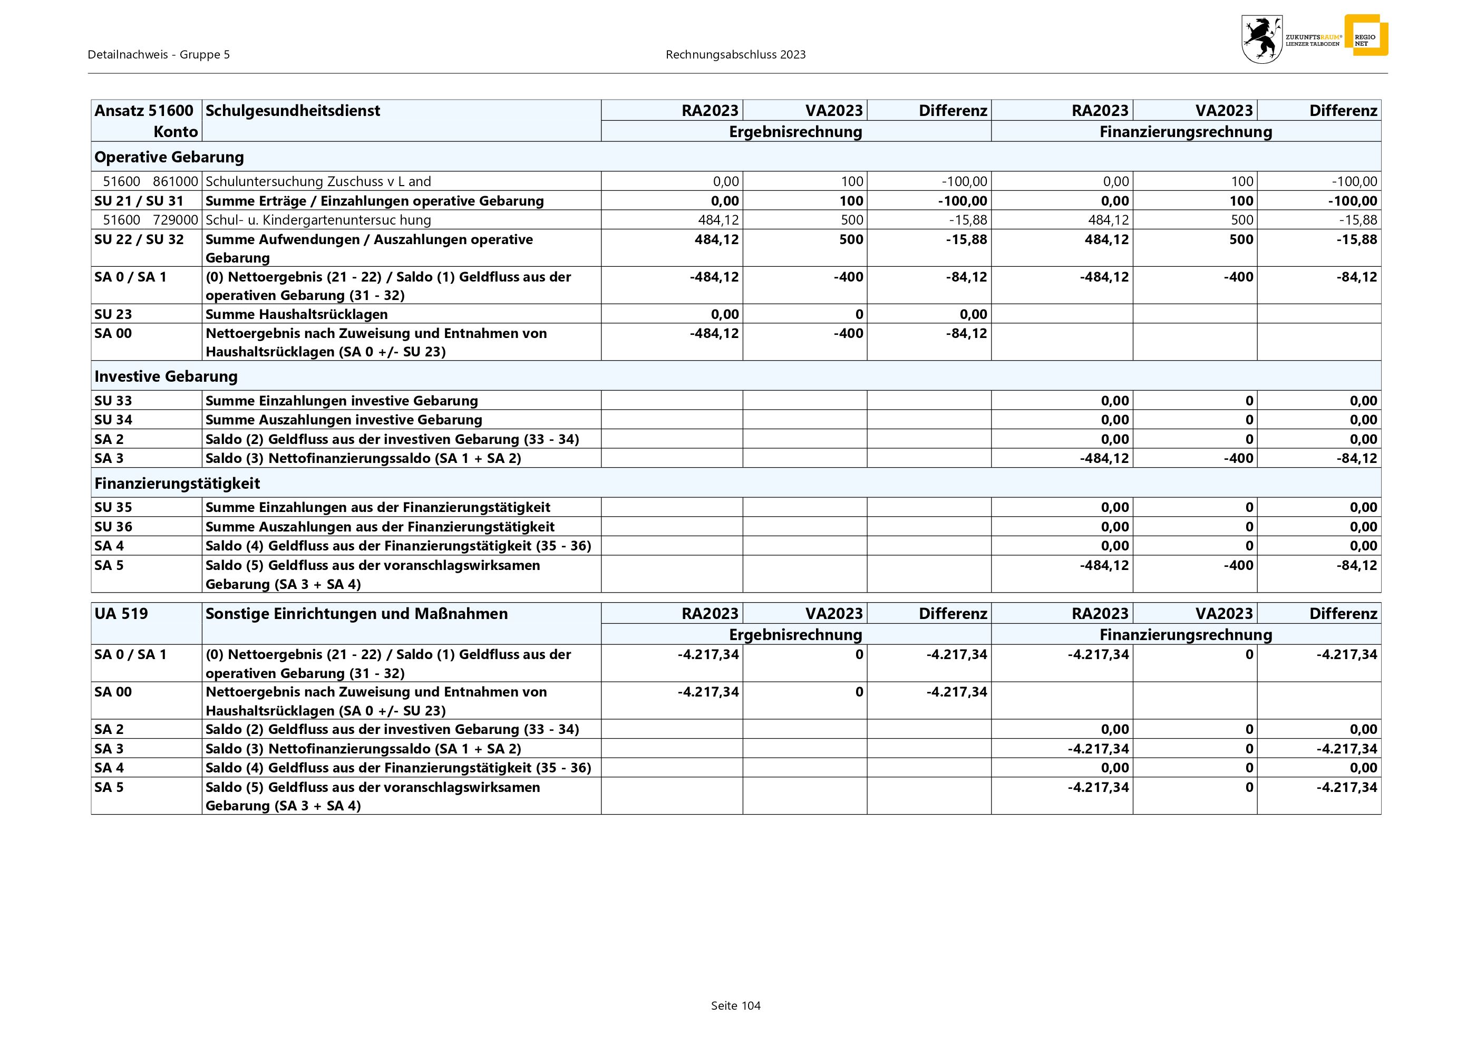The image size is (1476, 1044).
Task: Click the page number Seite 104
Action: click(x=735, y=1006)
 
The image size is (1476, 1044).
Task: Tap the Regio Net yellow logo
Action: click(x=1365, y=35)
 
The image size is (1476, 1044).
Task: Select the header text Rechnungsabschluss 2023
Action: click(x=735, y=55)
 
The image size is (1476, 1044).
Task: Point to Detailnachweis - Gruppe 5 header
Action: click(x=159, y=55)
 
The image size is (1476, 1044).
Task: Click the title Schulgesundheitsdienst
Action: click(x=293, y=111)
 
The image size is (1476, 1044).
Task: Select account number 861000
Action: click(x=175, y=181)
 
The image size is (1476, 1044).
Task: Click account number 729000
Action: click(x=175, y=220)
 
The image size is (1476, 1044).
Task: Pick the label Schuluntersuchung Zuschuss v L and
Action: click(x=318, y=181)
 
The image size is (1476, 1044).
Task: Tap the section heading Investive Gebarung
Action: click(x=166, y=376)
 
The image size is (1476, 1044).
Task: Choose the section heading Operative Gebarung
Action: click(x=169, y=157)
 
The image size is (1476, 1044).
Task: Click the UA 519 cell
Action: click(x=121, y=613)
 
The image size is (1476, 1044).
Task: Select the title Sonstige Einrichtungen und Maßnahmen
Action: click(x=356, y=613)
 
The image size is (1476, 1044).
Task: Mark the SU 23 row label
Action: click(x=113, y=314)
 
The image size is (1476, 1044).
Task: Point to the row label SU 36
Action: click(x=113, y=527)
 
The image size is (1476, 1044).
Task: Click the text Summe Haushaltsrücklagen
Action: click(x=296, y=314)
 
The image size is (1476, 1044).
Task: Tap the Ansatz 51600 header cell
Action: click(x=144, y=111)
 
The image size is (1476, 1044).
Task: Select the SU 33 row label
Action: click(x=113, y=401)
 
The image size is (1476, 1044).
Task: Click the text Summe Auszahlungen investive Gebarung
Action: click(x=343, y=420)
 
